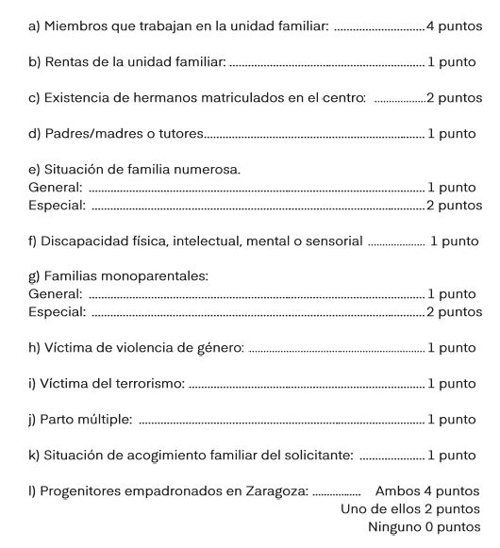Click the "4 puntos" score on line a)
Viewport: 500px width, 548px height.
point(454,25)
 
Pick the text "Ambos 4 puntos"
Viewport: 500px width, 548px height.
point(427,491)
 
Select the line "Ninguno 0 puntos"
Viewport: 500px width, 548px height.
point(425,527)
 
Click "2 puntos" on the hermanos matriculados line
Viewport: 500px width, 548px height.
point(454,98)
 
